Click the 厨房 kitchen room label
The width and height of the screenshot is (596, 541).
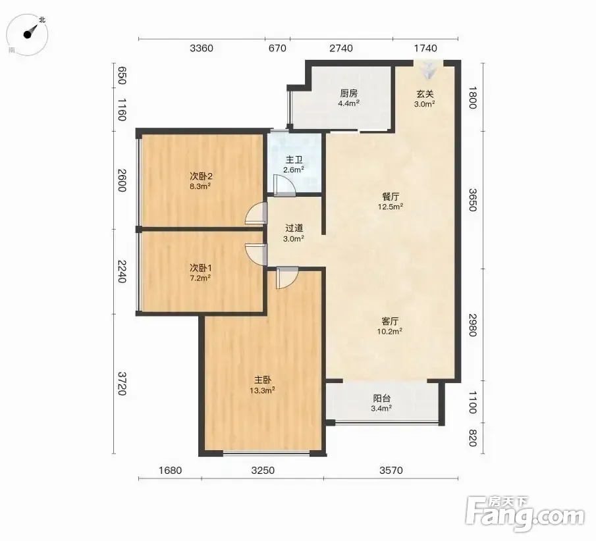tap(348, 93)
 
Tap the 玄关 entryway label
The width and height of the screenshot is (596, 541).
tap(425, 94)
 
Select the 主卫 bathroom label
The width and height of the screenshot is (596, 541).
tap(294, 160)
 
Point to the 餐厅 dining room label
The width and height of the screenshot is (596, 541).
tap(391, 197)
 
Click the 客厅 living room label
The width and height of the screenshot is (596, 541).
tap(390, 321)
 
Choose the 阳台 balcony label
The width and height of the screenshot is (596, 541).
tap(381, 399)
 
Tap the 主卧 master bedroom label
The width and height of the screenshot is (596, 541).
tap(263, 380)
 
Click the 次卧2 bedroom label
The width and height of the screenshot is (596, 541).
tap(201, 176)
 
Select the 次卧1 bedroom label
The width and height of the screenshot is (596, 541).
tap(200, 268)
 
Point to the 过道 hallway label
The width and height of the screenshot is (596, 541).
tap(294, 228)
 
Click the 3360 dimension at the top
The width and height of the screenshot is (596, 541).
tap(202, 48)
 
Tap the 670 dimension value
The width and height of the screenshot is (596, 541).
tap(277, 48)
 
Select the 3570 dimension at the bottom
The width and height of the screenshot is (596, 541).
tap(391, 471)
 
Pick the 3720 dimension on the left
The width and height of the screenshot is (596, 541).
tap(122, 383)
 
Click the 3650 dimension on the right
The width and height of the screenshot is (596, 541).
tap(472, 200)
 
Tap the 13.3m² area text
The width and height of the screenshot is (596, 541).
tap(262, 390)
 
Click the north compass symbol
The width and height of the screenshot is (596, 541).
tap(28, 34)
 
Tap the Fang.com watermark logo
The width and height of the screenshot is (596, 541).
tap(525, 514)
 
